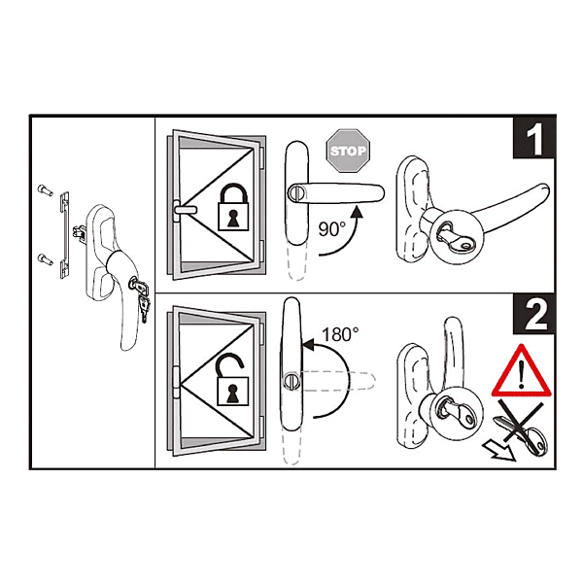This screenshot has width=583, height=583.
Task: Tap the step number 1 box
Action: point(532,141)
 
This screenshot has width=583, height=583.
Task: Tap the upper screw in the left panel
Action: point(43,189)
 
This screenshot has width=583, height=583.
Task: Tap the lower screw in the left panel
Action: point(43,258)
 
